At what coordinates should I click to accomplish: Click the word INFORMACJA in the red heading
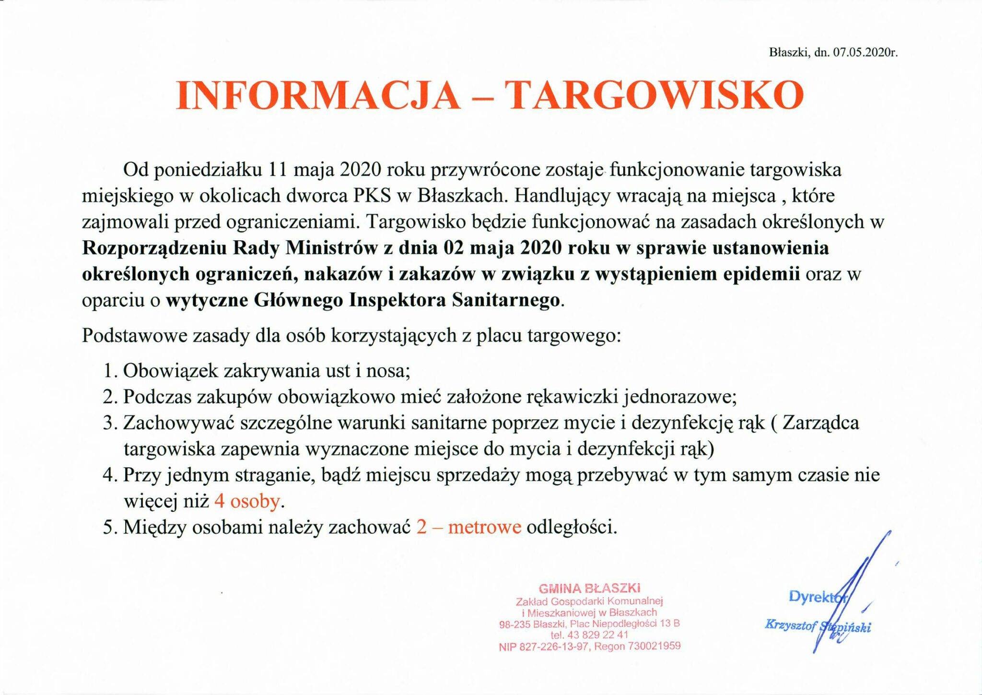pyautogui.click(x=316, y=95)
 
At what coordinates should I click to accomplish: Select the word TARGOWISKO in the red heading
pyautogui.click(x=655, y=95)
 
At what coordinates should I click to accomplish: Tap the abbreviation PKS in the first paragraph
pyautogui.click(x=372, y=196)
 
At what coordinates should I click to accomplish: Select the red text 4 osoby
pyautogui.click(x=247, y=501)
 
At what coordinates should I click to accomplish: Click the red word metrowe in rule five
pyautogui.click(x=485, y=527)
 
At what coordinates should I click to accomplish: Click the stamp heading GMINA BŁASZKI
pyautogui.click(x=590, y=588)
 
